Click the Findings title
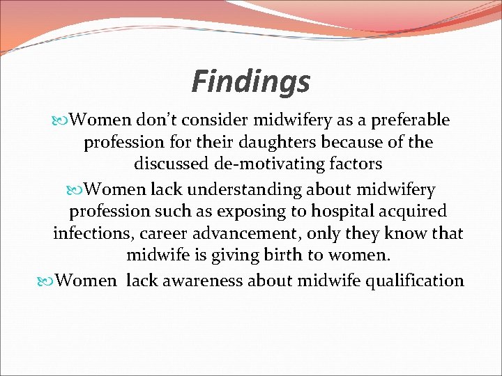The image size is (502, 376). point(250,81)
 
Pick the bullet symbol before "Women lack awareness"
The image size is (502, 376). point(48,281)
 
